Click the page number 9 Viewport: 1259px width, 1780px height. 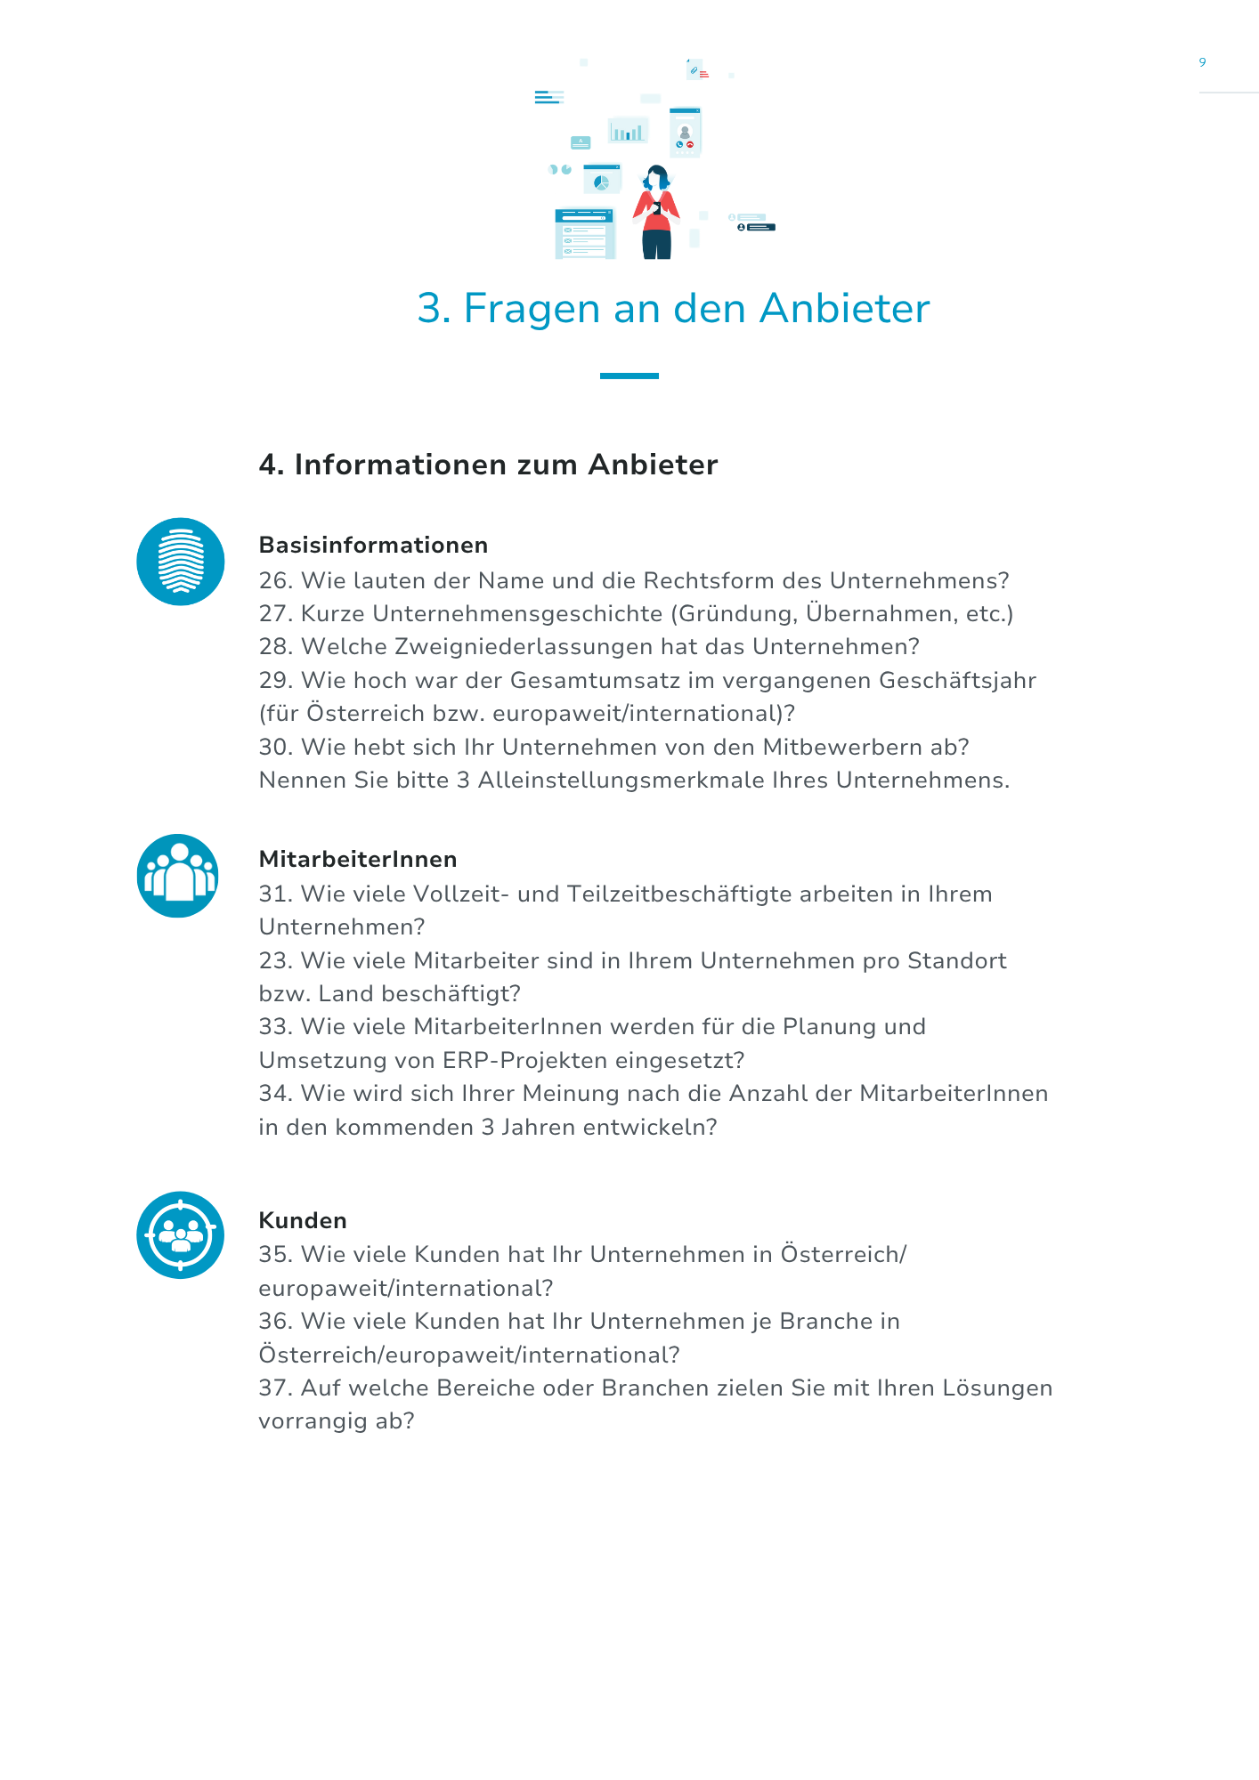point(1202,62)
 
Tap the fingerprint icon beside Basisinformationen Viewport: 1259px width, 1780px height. point(181,562)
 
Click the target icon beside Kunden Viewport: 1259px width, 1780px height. point(181,1234)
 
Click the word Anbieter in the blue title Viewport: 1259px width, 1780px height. point(844,309)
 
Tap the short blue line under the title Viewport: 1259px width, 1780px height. point(629,376)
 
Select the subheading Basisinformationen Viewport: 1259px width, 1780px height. point(373,545)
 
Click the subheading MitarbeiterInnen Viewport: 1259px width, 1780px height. point(358,859)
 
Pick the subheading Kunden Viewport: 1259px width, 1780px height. point(303,1220)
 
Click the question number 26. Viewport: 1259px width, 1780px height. point(275,581)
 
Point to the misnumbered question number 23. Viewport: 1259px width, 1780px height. point(275,961)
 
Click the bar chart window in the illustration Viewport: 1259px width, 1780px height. point(628,131)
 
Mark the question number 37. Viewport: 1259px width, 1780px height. point(275,1388)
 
